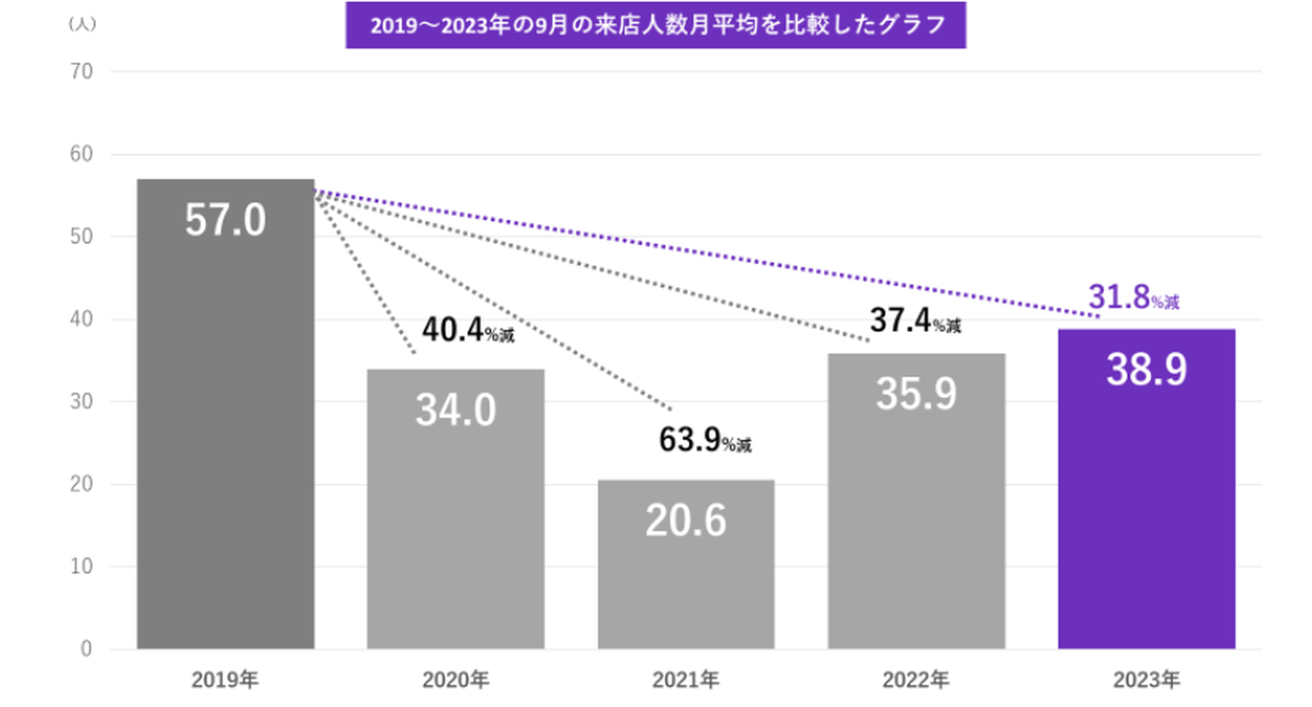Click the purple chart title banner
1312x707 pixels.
tap(655, 25)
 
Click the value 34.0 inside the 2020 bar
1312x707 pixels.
tap(456, 410)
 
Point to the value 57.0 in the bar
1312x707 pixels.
tap(225, 221)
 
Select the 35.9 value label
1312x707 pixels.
tap(916, 394)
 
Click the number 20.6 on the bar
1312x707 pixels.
tap(686, 520)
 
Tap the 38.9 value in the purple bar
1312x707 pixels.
tap(1146, 369)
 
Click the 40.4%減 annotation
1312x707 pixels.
tap(467, 331)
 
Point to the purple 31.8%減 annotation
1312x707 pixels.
tap(1133, 298)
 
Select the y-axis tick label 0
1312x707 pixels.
tap(87, 650)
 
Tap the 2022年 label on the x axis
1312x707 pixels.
tap(916, 680)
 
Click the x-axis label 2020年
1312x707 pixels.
tap(456, 680)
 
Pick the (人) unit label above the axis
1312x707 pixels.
tap(82, 25)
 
